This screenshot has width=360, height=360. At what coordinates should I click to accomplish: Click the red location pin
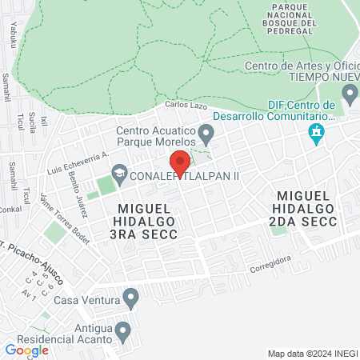181,163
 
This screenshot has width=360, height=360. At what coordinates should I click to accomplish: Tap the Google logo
26,350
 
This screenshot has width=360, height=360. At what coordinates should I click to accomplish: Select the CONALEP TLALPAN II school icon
119,173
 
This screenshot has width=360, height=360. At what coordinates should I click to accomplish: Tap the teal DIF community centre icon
317,133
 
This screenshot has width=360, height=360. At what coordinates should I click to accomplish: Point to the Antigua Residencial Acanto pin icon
122,330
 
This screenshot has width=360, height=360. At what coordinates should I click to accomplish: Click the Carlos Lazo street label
186,106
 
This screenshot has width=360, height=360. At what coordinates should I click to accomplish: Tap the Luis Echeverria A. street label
78,163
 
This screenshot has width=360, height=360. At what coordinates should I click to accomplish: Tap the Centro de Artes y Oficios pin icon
349,95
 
